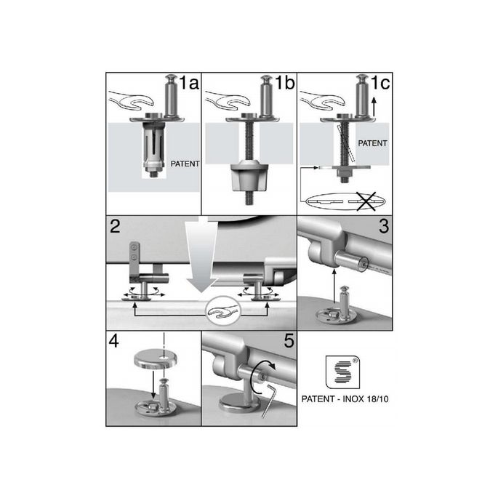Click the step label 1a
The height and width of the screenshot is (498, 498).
tap(188, 84)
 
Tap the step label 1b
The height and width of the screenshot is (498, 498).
tap(284, 84)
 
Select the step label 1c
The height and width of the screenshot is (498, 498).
tap(379, 84)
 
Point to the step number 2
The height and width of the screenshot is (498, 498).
tap(115, 225)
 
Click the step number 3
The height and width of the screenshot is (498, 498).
tap(382, 226)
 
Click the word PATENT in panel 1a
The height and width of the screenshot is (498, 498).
tap(184, 164)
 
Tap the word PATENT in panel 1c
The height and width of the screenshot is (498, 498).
tap(375, 144)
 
